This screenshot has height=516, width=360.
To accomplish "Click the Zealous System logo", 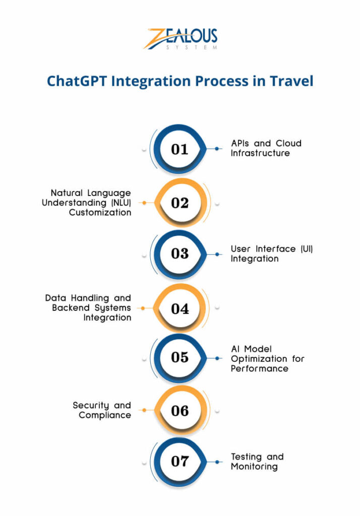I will click(x=180, y=38).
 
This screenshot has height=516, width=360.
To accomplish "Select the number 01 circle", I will click(x=179, y=149).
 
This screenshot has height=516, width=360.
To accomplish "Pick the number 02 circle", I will click(x=179, y=203).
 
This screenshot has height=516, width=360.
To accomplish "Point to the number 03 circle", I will click(x=179, y=253).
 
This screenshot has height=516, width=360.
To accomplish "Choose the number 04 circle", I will click(x=179, y=308).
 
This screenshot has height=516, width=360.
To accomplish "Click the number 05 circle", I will click(x=179, y=357).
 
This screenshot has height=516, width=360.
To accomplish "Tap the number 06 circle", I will click(x=179, y=411).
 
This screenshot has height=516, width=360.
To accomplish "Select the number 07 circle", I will click(x=179, y=461).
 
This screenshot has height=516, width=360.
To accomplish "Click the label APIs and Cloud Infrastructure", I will click(x=266, y=148).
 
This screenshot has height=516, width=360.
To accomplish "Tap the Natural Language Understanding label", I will click(x=91, y=203).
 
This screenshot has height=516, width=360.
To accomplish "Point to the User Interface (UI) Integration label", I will click(x=271, y=253).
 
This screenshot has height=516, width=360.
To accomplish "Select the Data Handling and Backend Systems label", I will click(x=88, y=308).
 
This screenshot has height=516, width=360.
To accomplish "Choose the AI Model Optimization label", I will click(x=267, y=358).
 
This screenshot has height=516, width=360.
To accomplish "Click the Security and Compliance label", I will click(x=102, y=410).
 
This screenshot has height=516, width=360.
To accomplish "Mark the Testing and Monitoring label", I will click(x=257, y=462).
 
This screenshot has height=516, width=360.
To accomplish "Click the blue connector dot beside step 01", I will click(x=217, y=149).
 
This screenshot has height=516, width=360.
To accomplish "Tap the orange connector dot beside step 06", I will click(x=144, y=411).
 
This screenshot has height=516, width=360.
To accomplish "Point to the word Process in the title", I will click(x=212, y=81).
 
